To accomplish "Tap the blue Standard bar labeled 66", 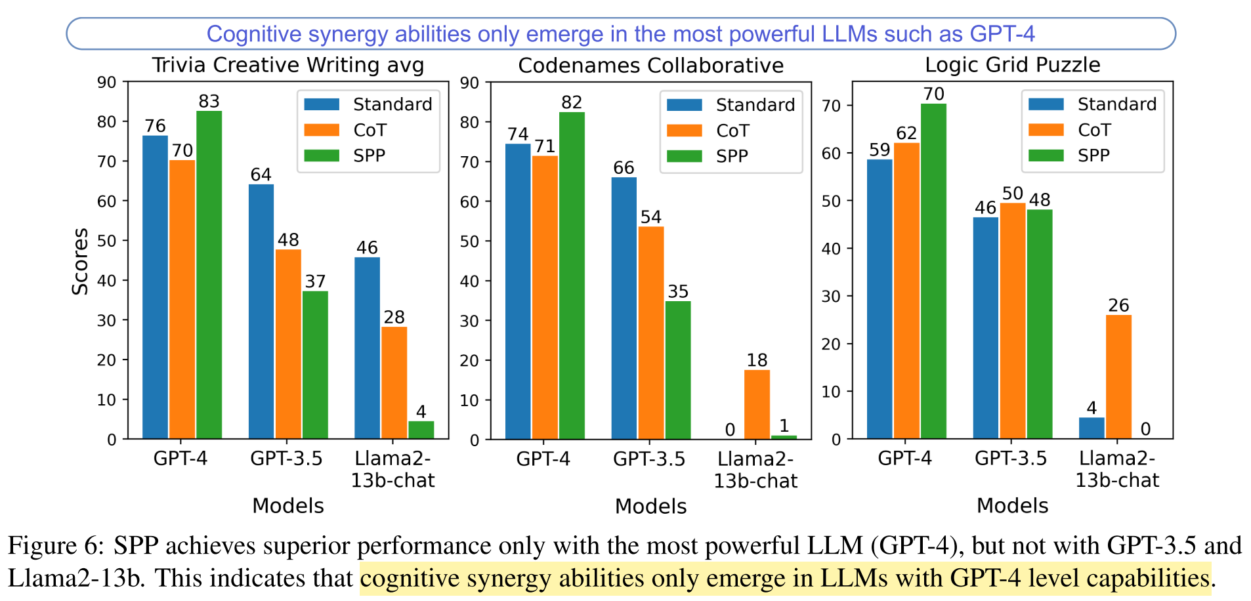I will click(x=624, y=308).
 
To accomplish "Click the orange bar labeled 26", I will click(x=1118, y=377).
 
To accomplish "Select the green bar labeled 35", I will click(x=678, y=370).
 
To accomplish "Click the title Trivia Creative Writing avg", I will click(x=287, y=66).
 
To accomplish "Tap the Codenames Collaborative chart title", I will click(x=650, y=66).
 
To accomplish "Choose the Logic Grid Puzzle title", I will click(x=1012, y=65).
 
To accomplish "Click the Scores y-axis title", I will click(x=80, y=261).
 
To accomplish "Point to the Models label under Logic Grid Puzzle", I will click(x=1012, y=506).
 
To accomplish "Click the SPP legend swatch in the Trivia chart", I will click(x=322, y=155).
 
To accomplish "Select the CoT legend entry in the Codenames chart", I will click(x=732, y=131).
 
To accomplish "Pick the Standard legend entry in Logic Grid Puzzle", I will click(x=1116, y=104).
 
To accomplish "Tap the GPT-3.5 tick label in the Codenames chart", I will click(x=648, y=459).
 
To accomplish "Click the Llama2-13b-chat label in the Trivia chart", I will click(x=392, y=469).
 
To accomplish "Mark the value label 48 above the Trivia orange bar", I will click(x=288, y=239).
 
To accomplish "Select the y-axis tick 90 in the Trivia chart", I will click(x=107, y=83).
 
